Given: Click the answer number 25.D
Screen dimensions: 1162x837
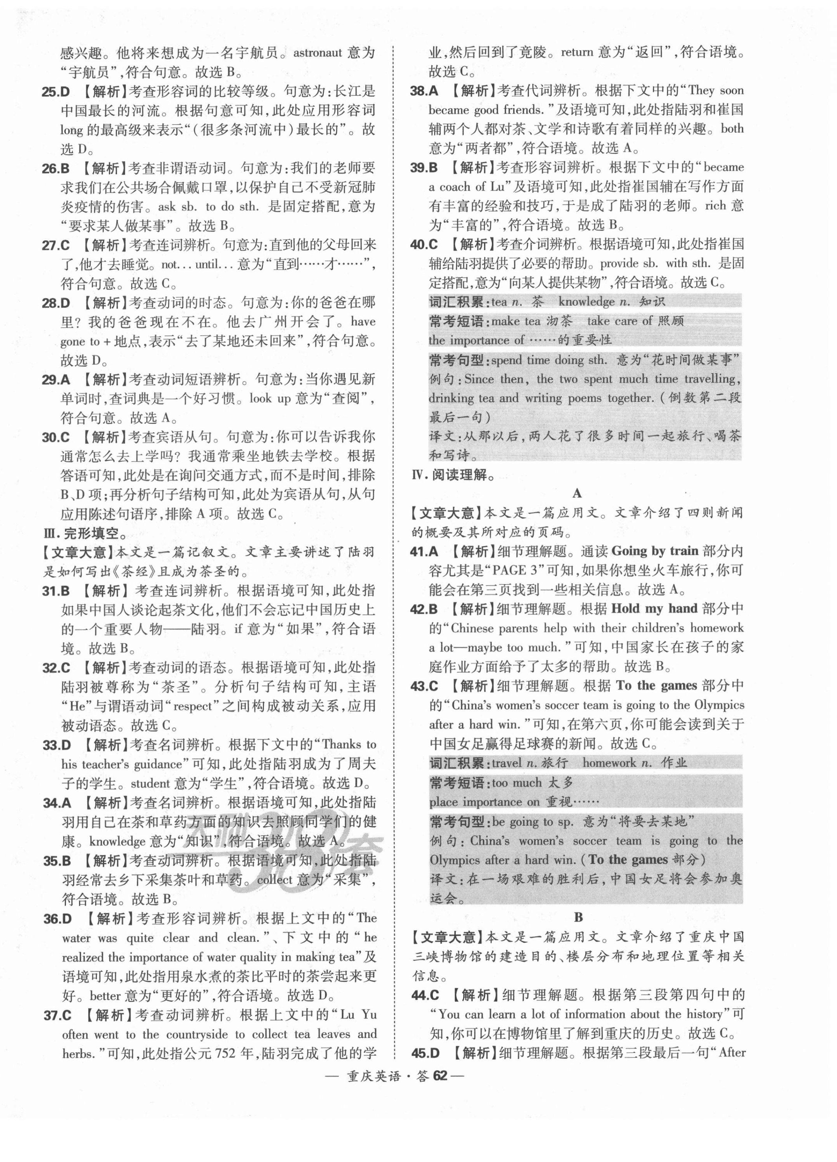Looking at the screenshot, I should tap(55, 92).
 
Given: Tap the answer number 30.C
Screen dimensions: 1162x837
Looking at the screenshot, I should tap(56, 437).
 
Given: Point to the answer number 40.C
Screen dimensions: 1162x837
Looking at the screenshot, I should tap(423, 244).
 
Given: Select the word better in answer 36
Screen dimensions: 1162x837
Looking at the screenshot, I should tap(107, 996).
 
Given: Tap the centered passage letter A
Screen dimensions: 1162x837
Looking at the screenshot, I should tap(577, 494).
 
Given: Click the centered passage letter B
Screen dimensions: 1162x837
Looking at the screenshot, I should tap(578, 917).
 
